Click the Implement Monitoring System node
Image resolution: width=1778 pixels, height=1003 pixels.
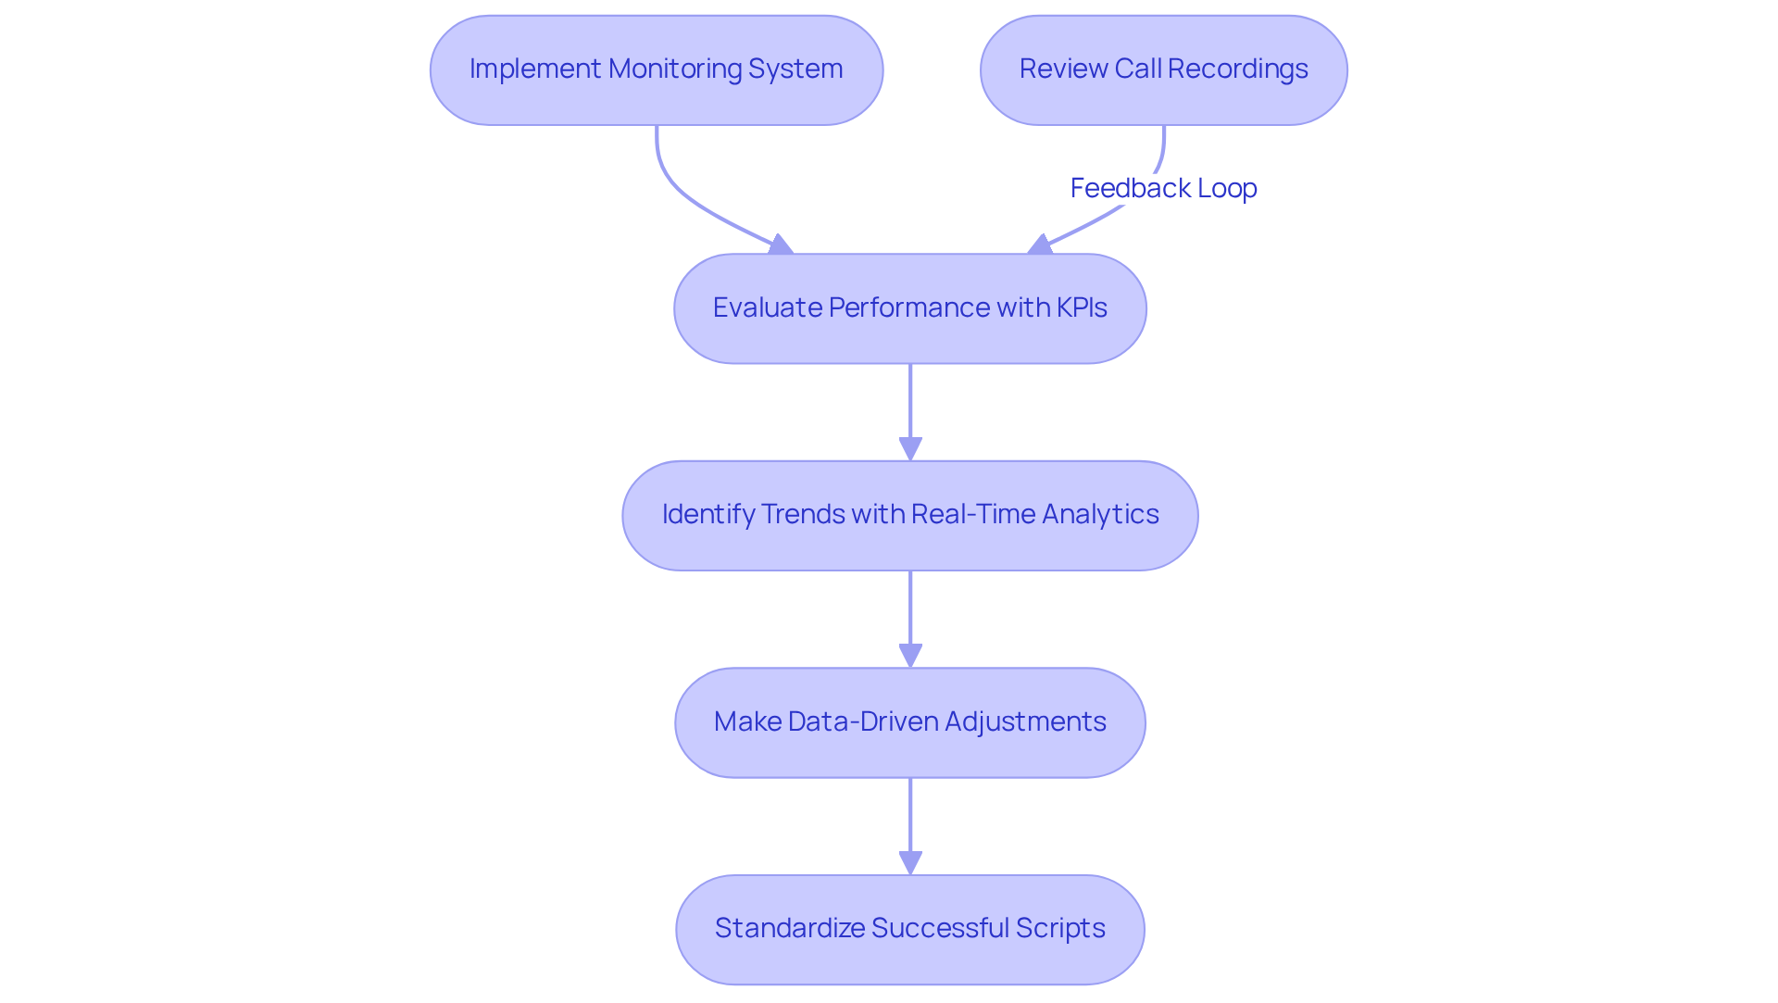tap(656, 69)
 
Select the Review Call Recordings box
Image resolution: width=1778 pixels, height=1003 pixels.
tap(1163, 69)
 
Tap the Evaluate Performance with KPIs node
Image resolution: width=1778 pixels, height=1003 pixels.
tap(909, 308)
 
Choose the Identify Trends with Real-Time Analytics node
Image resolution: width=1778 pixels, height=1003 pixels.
tap(909, 515)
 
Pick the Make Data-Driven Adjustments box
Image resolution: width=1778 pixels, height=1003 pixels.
tap(909, 721)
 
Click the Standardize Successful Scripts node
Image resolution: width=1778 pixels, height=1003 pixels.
tap(909, 929)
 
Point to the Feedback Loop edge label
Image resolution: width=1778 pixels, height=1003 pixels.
tap(1163, 188)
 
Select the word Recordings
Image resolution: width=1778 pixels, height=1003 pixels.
tap(1238, 69)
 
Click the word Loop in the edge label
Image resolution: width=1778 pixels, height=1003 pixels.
tap(1227, 188)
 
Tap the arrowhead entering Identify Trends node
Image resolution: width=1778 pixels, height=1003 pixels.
tap(910, 449)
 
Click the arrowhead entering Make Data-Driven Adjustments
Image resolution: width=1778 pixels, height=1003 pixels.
tap(910, 656)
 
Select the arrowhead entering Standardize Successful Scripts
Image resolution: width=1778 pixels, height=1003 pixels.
tap(910, 863)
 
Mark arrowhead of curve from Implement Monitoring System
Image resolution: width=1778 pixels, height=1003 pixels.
tap(781, 244)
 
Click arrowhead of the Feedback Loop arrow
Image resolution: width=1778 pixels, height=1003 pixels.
tap(1040, 244)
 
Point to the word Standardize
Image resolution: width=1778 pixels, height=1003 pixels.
tap(788, 928)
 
